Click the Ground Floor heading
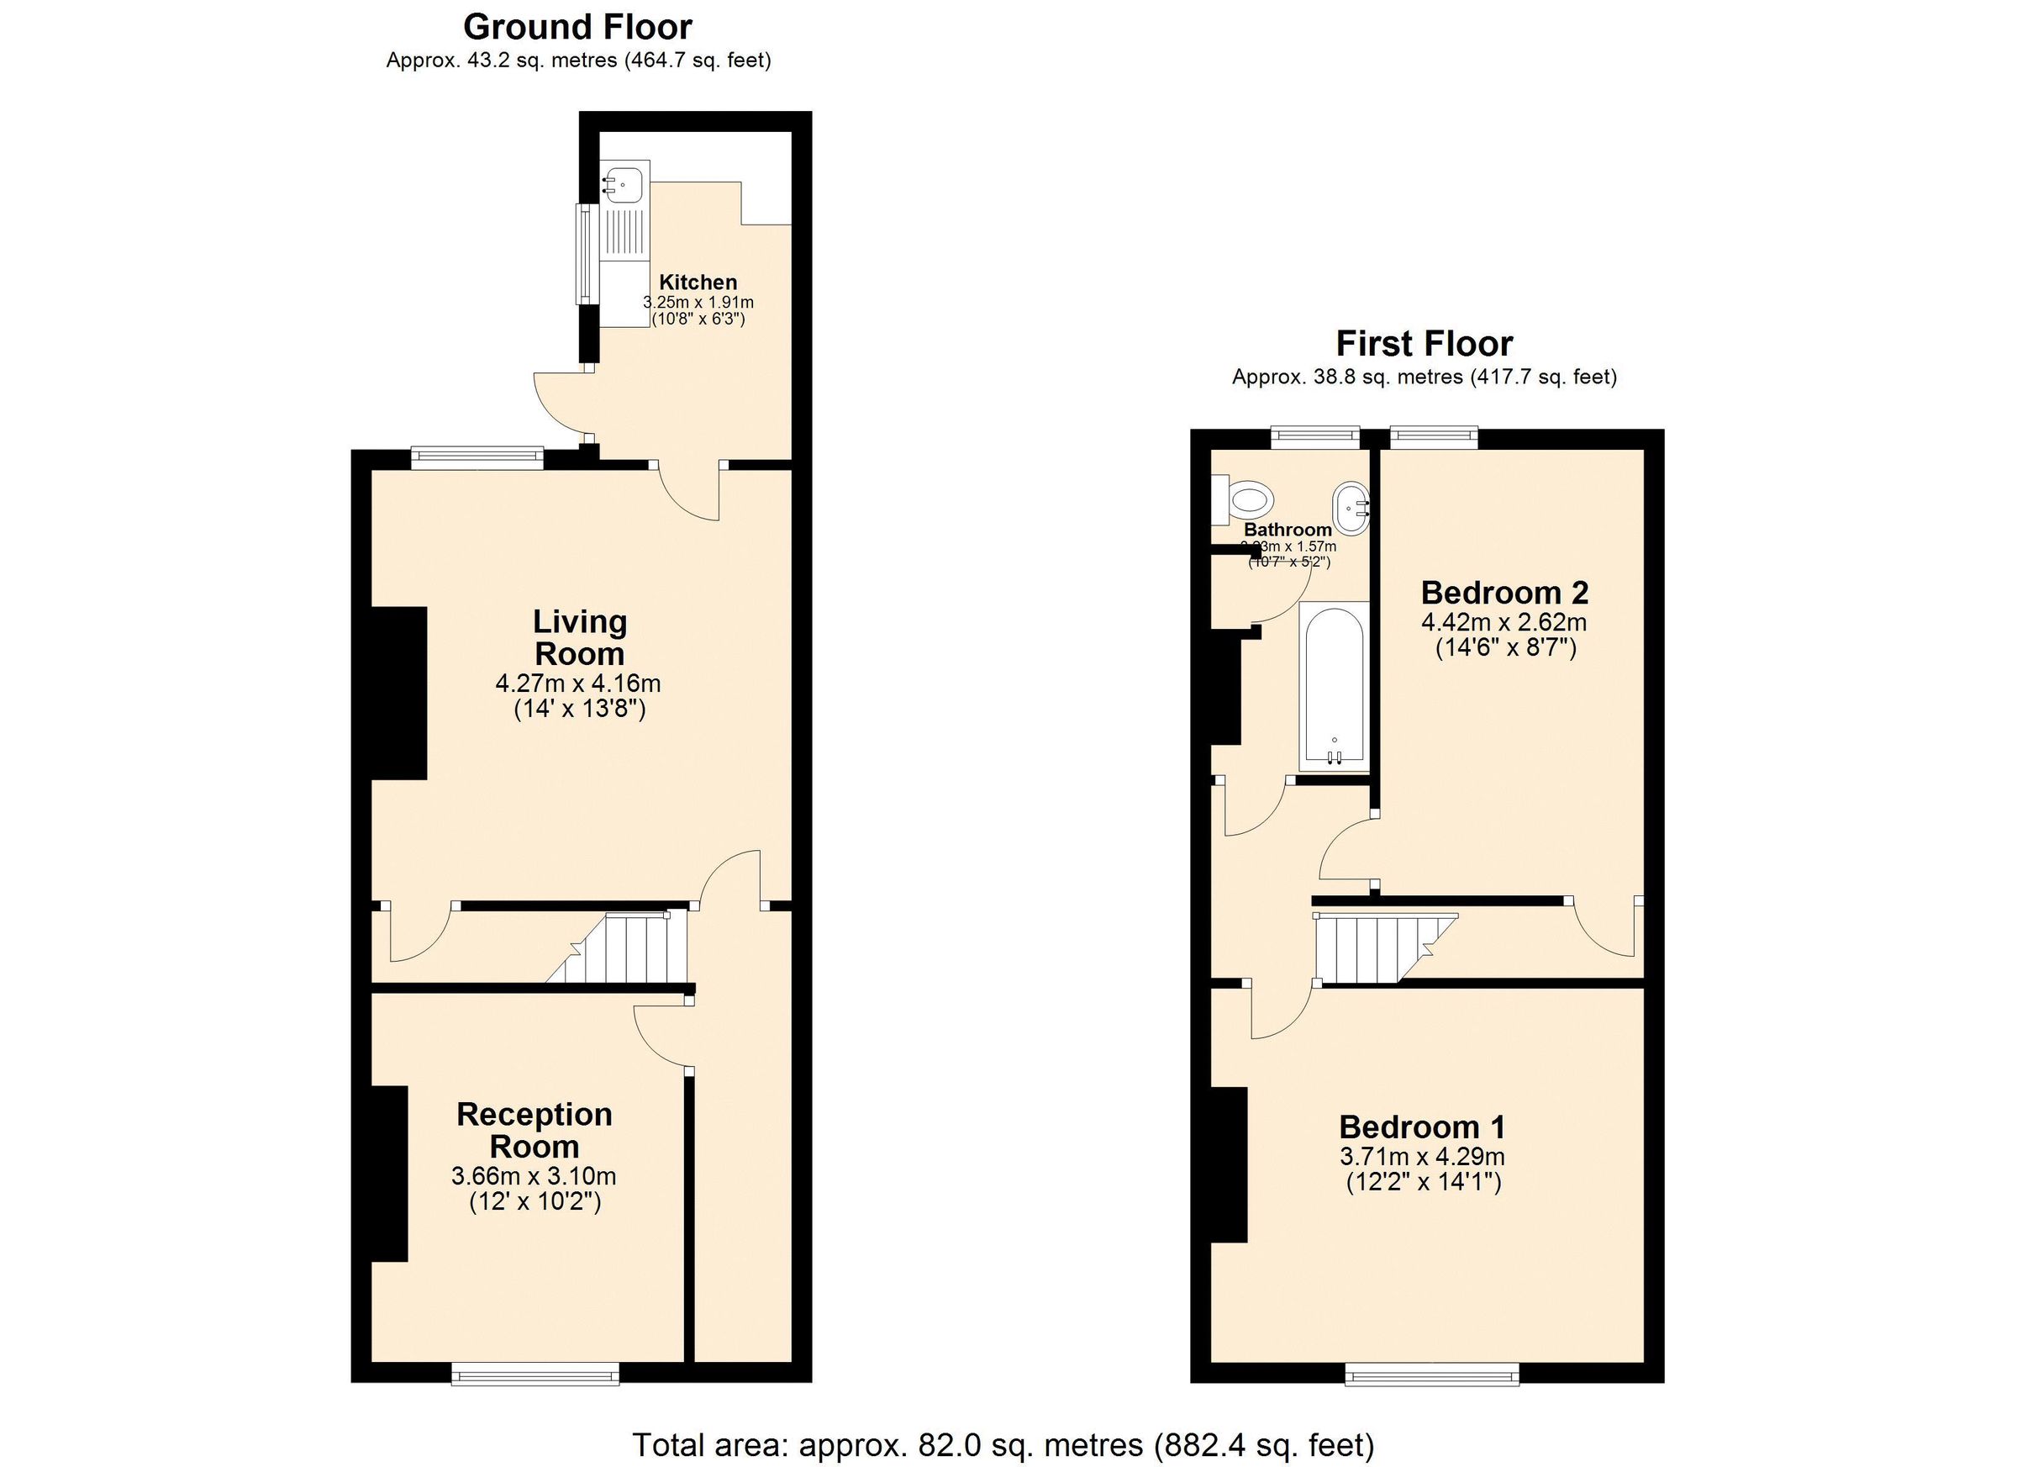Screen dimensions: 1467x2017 pyautogui.click(x=577, y=28)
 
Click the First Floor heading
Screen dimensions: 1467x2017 pyautogui.click(x=1424, y=343)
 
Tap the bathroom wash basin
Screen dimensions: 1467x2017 pyautogui.click(x=1350, y=509)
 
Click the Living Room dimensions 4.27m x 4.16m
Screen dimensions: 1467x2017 pyautogui.click(x=578, y=683)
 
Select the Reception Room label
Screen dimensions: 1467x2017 pyautogui.click(x=534, y=1130)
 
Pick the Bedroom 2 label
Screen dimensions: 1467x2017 pyautogui.click(x=1504, y=592)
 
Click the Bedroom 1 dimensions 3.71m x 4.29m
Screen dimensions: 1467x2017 pyautogui.click(x=1422, y=1157)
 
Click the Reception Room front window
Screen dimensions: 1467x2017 pyautogui.click(x=535, y=1375)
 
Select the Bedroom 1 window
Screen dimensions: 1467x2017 pyautogui.click(x=1432, y=1375)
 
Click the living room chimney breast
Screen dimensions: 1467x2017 pyautogui.click(x=398, y=693)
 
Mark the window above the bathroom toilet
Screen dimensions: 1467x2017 pyautogui.click(x=1315, y=435)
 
